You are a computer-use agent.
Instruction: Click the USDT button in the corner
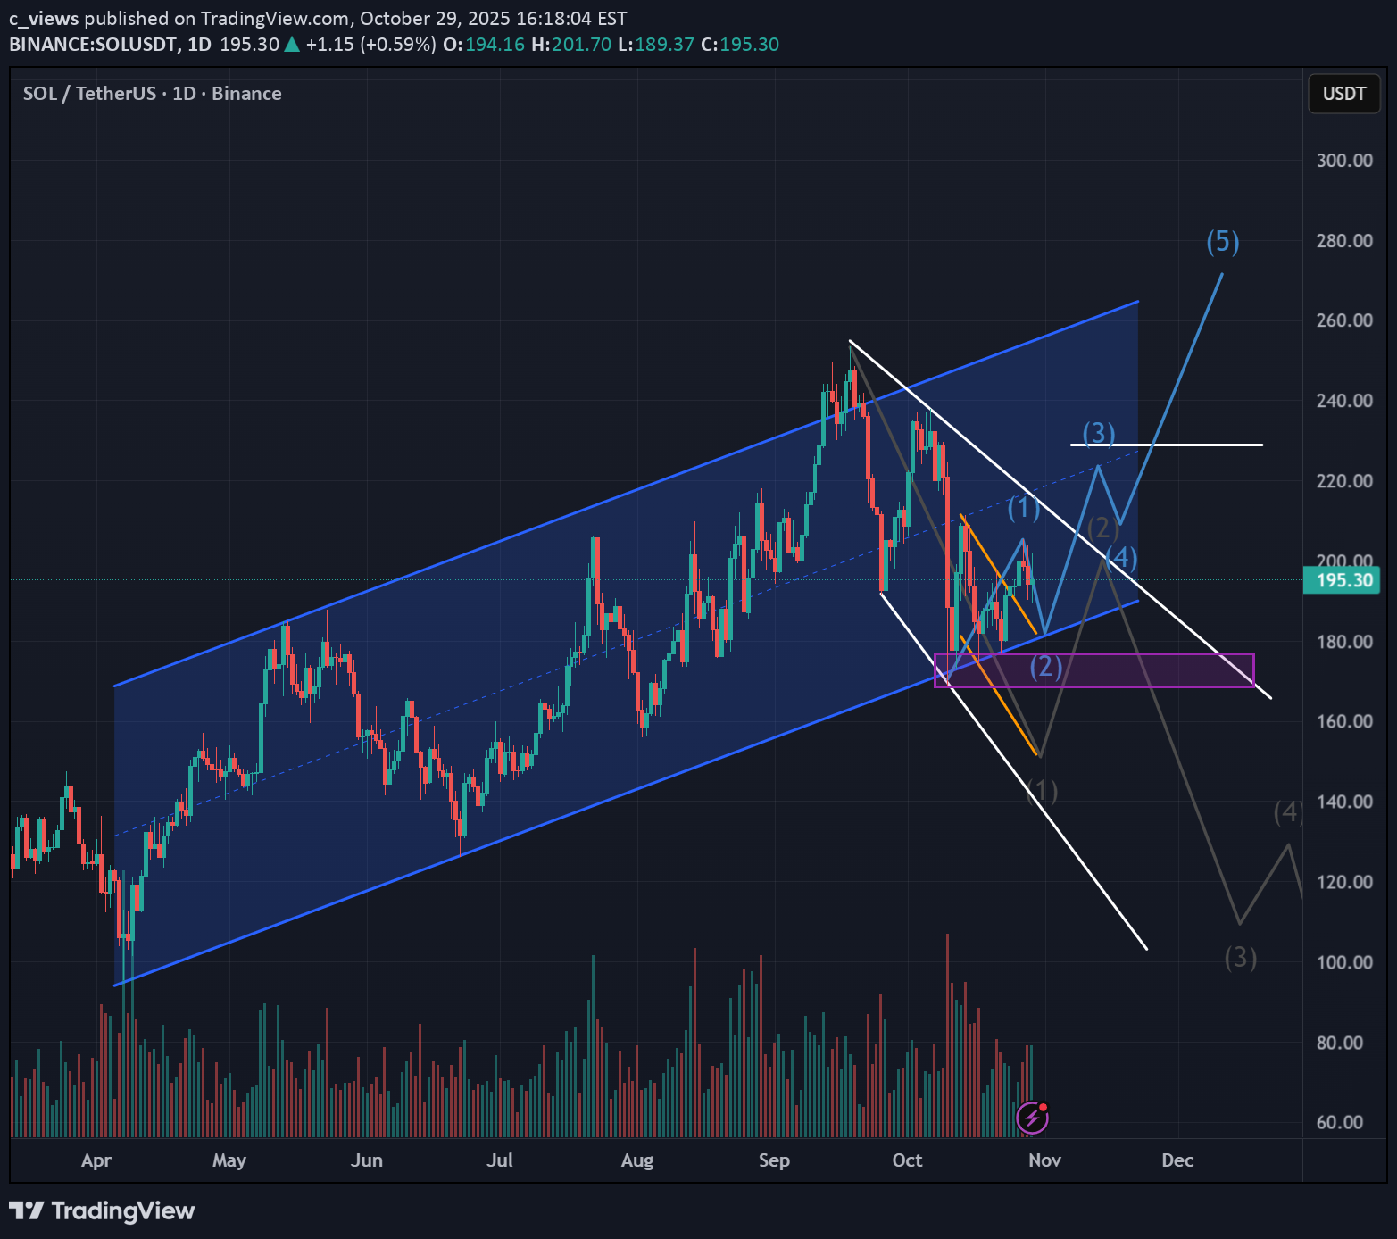click(1343, 94)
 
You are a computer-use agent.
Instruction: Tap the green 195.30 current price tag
click(1342, 581)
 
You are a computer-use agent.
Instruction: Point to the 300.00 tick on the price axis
click(1344, 161)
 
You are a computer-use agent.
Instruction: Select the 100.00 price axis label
click(1344, 962)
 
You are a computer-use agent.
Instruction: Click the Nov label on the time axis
click(1044, 1160)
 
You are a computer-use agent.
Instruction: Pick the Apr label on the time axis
click(96, 1160)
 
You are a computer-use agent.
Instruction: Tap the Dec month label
click(1177, 1160)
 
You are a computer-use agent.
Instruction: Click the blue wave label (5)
click(1223, 241)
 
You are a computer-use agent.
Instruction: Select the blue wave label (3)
click(1099, 433)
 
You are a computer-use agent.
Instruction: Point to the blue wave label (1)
click(1024, 508)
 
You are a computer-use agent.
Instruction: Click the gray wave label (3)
click(1241, 958)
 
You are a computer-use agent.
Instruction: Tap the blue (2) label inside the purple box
click(1046, 666)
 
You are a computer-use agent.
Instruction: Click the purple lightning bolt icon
click(1033, 1117)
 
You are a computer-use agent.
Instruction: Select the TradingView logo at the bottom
click(102, 1211)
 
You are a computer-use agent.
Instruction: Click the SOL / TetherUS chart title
click(152, 94)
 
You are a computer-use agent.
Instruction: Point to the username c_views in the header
click(44, 19)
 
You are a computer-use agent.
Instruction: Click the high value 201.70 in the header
click(581, 45)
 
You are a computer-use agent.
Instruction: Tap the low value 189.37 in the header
click(664, 45)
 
